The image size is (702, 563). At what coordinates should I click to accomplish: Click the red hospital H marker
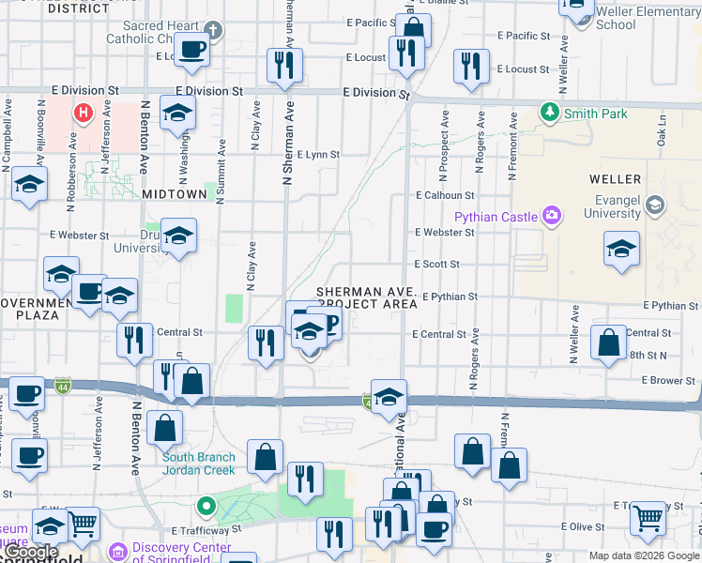coord(84,114)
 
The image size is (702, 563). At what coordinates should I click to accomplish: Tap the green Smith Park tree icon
coord(550,113)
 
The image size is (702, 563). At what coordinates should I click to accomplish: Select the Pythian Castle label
coord(496,217)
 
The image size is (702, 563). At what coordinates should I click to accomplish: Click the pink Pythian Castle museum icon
coord(553,217)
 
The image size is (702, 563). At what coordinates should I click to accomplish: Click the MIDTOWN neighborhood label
coord(174,193)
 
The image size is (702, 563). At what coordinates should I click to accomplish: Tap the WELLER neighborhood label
coord(615,178)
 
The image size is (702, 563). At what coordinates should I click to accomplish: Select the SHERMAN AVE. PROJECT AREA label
coord(367,297)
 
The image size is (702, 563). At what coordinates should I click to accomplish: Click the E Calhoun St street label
coord(446,195)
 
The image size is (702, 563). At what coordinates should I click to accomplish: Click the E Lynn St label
coord(317,154)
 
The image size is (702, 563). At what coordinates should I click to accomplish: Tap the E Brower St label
coord(668,380)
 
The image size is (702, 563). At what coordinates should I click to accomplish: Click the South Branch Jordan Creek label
coord(200,464)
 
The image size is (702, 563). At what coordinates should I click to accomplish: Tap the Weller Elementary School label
coord(648,18)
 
